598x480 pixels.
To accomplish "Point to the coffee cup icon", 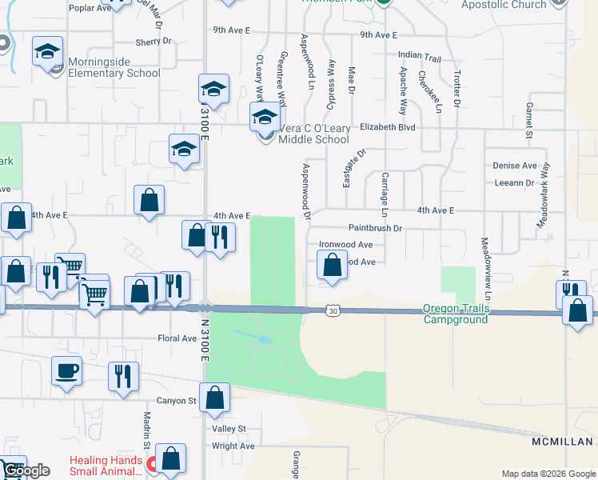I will click(66, 370).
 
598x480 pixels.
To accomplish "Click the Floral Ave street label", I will click(178, 338).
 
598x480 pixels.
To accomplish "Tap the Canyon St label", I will click(176, 400).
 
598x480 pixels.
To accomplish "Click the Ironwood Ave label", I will click(345, 245).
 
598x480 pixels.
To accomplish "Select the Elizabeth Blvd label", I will click(388, 126).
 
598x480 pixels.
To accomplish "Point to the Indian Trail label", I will click(419, 58).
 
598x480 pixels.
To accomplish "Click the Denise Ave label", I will click(514, 166).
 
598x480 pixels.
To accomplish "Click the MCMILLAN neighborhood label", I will click(562, 442).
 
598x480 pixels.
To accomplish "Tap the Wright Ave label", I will click(233, 446).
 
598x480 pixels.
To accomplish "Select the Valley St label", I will click(229, 429).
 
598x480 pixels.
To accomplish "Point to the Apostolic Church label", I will click(504, 5).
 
